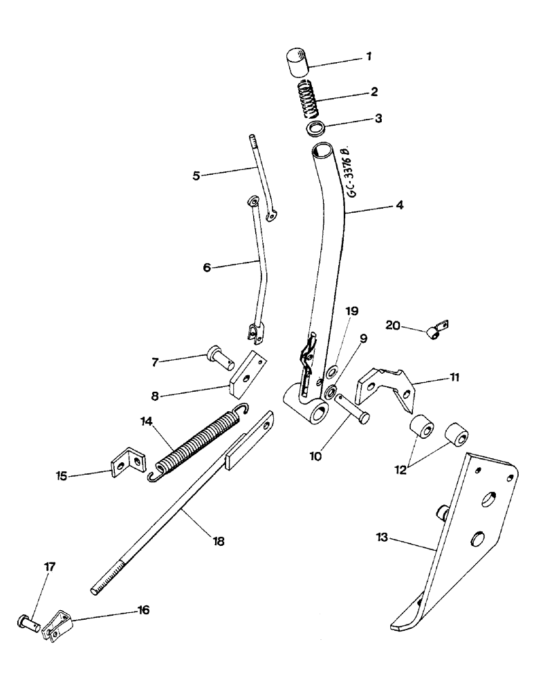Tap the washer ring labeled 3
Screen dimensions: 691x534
(316, 129)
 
